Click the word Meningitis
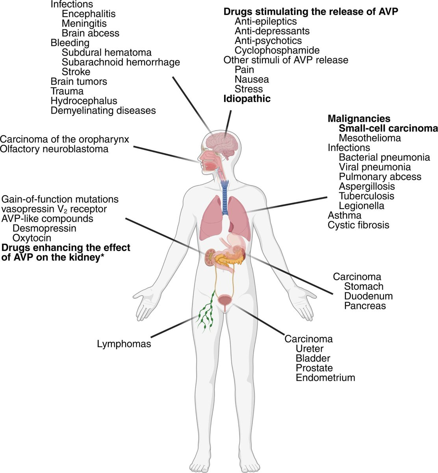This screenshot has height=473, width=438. [x=84, y=24]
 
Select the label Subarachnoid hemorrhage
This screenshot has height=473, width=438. [x=121, y=62]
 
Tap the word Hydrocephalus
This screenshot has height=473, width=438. [x=84, y=101]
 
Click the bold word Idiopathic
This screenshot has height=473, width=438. [x=247, y=99]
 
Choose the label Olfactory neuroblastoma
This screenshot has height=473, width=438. [x=54, y=149]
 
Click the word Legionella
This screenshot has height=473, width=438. [x=361, y=206]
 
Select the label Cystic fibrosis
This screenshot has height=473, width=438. [x=358, y=225]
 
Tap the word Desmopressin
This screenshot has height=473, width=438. [x=44, y=228]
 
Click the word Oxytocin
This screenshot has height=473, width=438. [x=32, y=238]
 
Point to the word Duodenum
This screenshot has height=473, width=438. [x=368, y=296]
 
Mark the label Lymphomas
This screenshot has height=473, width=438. [x=124, y=344]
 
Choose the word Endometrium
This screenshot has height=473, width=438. [x=325, y=378]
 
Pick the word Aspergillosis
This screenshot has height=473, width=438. [x=366, y=186]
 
